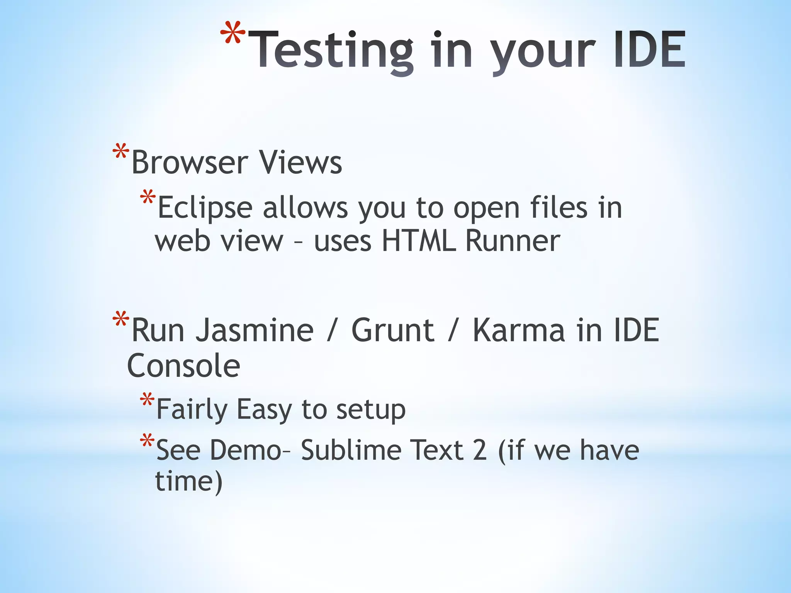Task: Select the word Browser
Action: point(189,162)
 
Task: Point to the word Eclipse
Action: point(205,208)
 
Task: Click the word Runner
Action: point(513,241)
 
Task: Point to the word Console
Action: point(183,366)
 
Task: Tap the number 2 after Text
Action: point(480,450)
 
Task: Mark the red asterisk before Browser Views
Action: point(121,152)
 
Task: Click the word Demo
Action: point(246,450)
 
